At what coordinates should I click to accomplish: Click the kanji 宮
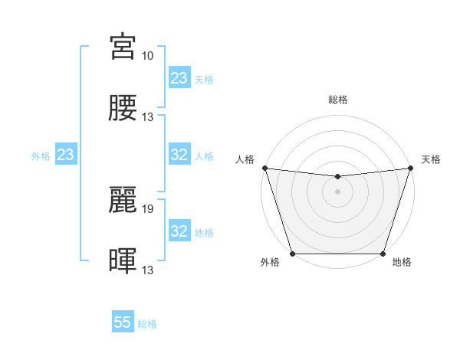123,47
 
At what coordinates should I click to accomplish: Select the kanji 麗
123,199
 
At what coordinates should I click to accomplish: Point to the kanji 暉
123,260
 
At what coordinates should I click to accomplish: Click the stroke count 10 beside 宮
147,56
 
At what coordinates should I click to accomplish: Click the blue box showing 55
123,323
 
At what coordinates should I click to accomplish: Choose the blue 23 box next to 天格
179,78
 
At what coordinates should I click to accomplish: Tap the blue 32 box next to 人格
179,155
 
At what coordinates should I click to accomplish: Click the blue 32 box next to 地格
179,231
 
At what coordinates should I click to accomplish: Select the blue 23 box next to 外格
66,155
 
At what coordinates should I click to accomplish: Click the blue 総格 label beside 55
147,324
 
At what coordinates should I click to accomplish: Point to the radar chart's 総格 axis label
338,100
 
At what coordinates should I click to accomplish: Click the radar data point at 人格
264,168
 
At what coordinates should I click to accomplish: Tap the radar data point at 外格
292,254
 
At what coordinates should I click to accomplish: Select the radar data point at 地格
383,254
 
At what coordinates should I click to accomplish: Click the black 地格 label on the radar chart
402,263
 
